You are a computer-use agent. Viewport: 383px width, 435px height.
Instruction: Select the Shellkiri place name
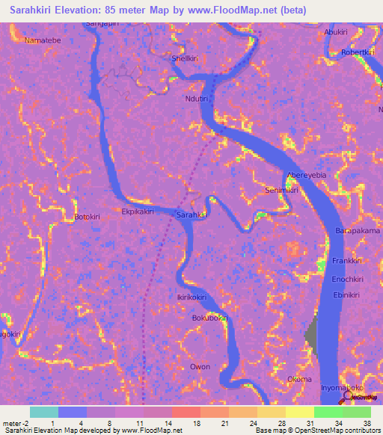click(x=185, y=58)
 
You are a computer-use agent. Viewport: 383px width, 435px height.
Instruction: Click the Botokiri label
click(x=87, y=217)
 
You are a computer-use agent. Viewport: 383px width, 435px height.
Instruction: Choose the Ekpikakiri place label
click(x=138, y=212)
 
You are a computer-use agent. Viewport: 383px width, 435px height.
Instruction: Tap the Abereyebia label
click(x=307, y=175)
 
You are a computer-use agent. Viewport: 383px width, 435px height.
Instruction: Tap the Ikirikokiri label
click(x=191, y=297)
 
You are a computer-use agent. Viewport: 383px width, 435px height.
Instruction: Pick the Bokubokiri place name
click(x=209, y=318)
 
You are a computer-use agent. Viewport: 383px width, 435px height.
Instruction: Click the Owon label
click(x=200, y=367)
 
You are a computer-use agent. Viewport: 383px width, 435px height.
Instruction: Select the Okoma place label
click(x=299, y=379)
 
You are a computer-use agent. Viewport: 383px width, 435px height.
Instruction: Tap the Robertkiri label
click(x=357, y=52)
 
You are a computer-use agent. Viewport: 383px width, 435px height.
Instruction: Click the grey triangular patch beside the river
click(x=311, y=333)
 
